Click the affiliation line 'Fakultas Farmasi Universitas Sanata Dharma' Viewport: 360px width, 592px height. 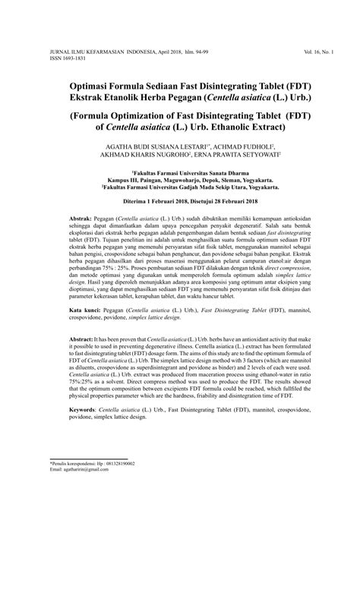point(180,172)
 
